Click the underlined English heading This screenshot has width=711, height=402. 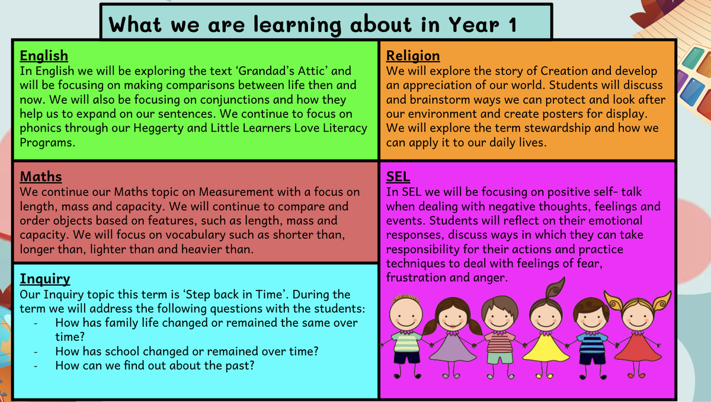(x=44, y=56)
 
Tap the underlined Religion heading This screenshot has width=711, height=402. (x=413, y=56)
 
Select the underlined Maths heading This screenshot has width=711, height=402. (x=41, y=177)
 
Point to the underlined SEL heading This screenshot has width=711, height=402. (x=398, y=177)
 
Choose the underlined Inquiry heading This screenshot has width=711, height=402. (x=45, y=279)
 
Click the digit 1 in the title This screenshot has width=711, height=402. (x=513, y=25)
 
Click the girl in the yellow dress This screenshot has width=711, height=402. (x=546, y=330)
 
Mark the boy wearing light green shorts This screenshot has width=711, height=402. (x=500, y=337)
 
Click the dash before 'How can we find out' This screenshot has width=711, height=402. (x=36, y=366)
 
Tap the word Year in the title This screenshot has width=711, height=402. (x=474, y=25)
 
